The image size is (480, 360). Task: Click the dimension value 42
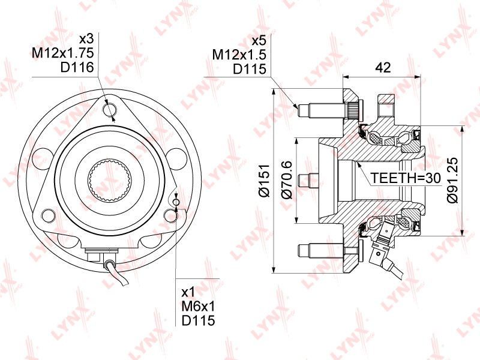point(383,67)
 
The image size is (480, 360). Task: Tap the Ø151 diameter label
point(263,181)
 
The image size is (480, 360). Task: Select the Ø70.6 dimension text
point(287,180)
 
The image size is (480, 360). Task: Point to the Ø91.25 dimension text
point(452,180)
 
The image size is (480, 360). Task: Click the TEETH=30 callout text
point(406,178)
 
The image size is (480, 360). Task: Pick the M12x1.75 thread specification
point(63,53)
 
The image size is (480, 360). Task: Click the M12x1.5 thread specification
point(239,55)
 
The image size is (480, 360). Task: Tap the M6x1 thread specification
point(199,306)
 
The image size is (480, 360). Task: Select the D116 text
point(77,67)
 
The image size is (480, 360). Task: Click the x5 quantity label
point(259,41)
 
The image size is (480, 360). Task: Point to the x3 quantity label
point(86,39)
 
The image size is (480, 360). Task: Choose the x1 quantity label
point(188,292)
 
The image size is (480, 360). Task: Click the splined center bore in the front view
point(110,181)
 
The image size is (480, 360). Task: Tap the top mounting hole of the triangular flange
point(110,110)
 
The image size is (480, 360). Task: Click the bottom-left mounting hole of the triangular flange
point(49,215)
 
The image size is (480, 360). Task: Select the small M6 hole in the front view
point(176,202)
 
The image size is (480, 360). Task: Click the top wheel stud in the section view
point(325,111)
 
